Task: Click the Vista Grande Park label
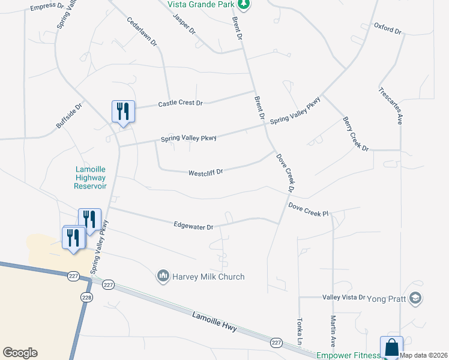200,4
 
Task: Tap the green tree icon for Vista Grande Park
243,5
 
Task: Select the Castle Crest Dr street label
180,103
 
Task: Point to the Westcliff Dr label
206,172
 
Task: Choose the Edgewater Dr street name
193,227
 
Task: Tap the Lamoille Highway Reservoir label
90,178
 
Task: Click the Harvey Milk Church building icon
163,277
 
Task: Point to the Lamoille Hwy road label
215,322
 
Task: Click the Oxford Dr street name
387,27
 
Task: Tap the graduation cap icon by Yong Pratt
416,298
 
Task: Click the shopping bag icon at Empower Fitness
391,347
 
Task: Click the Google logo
20,353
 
